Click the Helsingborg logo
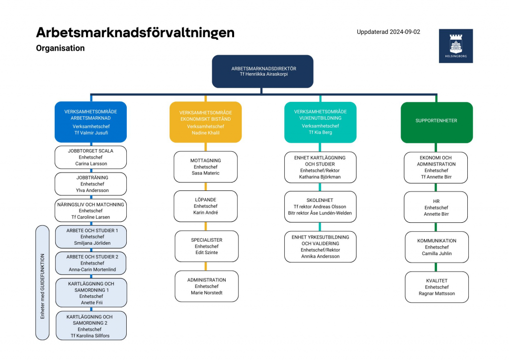pyautogui.click(x=456, y=46)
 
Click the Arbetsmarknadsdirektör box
pyautogui.click(x=262, y=72)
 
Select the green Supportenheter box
pyautogui.click(x=436, y=122)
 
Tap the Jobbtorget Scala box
pyautogui.click(x=90, y=158)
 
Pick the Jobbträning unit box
pyautogui.click(x=90, y=184)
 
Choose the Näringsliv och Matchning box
pyautogui.click(x=90, y=210)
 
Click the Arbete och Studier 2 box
pyautogui.click(x=90, y=263)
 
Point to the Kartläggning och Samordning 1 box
pyautogui.click(x=91, y=293)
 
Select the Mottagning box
pyautogui.click(x=205, y=167)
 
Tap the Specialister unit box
pyautogui.click(x=206, y=247)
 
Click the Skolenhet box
pyautogui.click(x=320, y=207)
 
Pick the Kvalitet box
pyautogui.click(x=436, y=287)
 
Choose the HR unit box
pyautogui.click(x=436, y=207)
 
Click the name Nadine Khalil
pyautogui.click(x=205, y=133)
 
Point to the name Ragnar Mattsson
pyautogui.click(x=436, y=293)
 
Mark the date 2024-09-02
pyautogui.click(x=405, y=32)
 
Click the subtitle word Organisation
pyautogui.click(x=60, y=48)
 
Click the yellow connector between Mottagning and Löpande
pyautogui.click(x=205, y=186)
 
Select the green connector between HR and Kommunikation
pyautogui.click(x=435, y=227)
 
